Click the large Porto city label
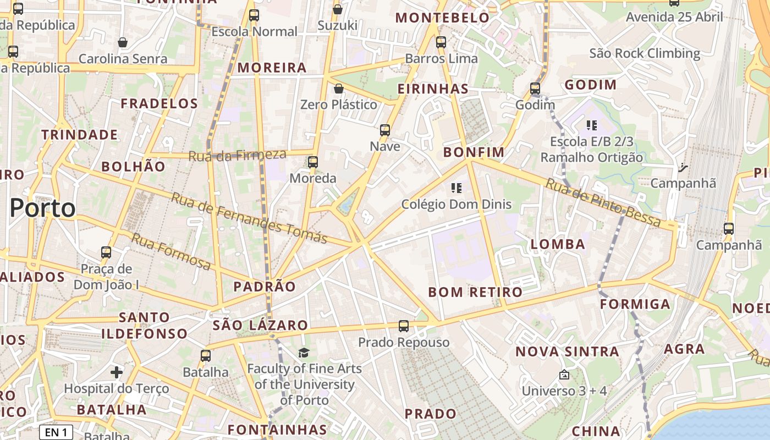(x=43, y=208)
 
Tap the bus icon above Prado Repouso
(x=404, y=326)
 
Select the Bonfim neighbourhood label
(x=474, y=152)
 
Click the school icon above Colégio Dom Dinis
(x=456, y=189)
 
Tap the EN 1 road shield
(x=56, y=432)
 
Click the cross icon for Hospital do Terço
(x=117, y=372)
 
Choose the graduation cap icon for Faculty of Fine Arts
(x=304, y=353)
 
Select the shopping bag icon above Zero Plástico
(x=339, y=89)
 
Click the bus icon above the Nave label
(x=385, y=130)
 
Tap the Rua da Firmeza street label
(x=237, y=155)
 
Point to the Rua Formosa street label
(x=170, y=252)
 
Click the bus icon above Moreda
(x=313, y=162)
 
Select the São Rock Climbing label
(x=645, y=53)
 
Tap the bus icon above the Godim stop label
(x=535, y=89)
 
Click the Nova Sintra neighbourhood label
(x=567, y=351)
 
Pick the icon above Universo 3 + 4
(x=564, y=375)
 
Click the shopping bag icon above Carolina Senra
(x=123, y=42)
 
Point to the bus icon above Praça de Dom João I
(x=106, y=253)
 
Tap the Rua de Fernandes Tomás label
(x=249, y=218)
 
